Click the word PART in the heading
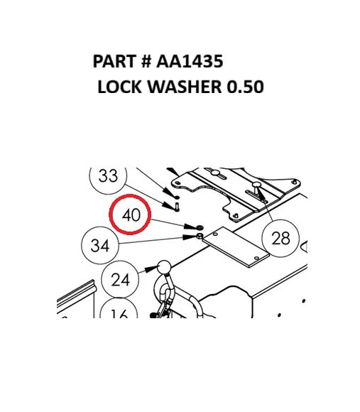coord(114,61)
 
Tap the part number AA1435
coord(190,61)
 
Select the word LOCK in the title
coord(119,87)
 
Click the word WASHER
coord(185,87)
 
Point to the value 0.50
coord(245,87)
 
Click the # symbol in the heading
coord(146,61)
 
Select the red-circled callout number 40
coord(130,215)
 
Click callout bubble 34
coord(100,245)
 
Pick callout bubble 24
coord(120,279)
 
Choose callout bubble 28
coord(280,238)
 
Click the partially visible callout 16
coord(119,309)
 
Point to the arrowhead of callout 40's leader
coord(190,226)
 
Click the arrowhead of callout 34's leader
coord(189,237)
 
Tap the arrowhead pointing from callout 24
coord(152,269)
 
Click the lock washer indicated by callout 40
coord(200,227)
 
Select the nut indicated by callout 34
coord(200,236)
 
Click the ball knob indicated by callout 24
coord(164,267)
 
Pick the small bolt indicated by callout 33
coord(177,207)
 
